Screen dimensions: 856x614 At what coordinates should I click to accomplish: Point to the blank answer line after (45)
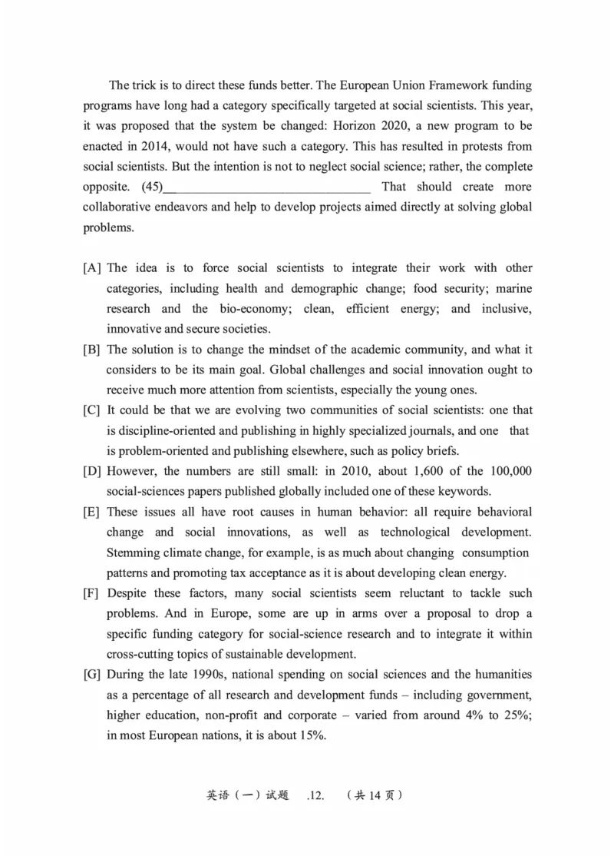click(268, 188)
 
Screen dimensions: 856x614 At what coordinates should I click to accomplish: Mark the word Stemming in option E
click(132, 552)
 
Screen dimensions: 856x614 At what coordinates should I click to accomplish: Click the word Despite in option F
click(127, 593)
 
